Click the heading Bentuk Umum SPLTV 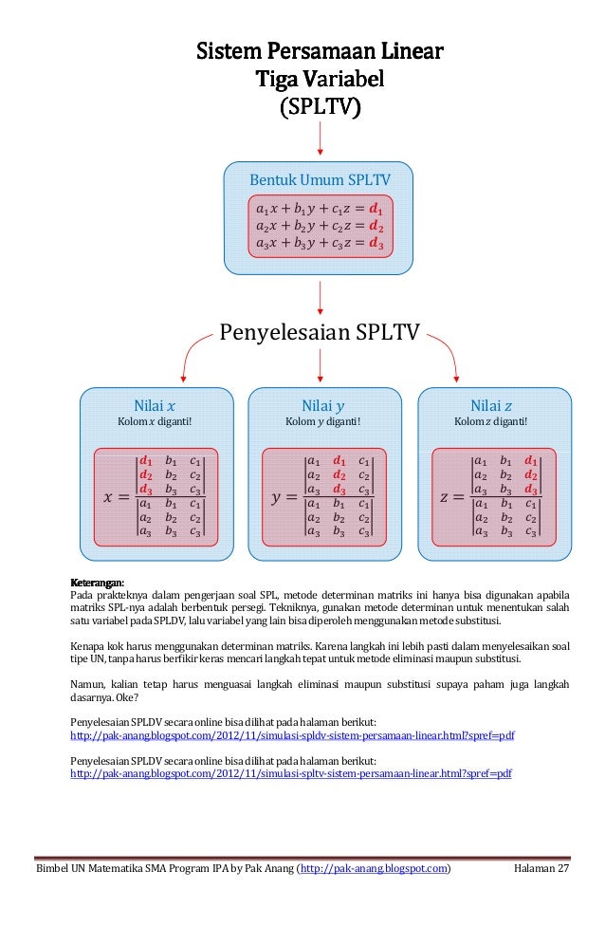pos(320,179)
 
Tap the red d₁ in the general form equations pos(376,209)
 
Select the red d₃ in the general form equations pos(376,244)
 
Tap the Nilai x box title pos(155,405)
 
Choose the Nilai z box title pos(491,405)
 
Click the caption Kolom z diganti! pos(491,421)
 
